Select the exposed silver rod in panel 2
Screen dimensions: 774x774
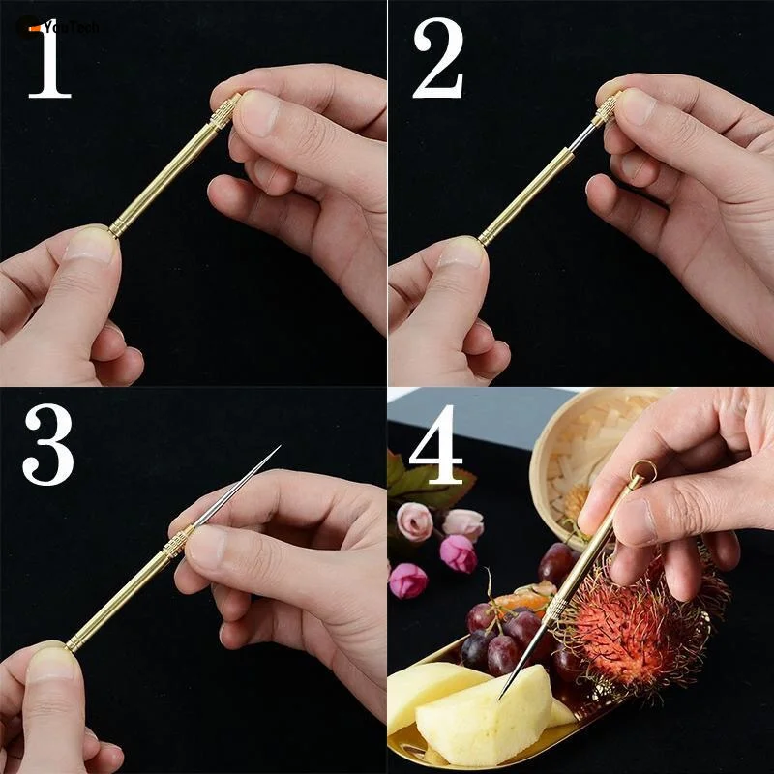pyautogui.click(x=582, y=138)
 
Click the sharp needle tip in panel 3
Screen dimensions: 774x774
pyautogui.click(x=277, y=449)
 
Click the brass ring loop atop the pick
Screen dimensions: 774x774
pyautogui.click(x=640, y=472)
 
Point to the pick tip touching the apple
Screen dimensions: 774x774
pyautogui.click(x=502, y=695)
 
